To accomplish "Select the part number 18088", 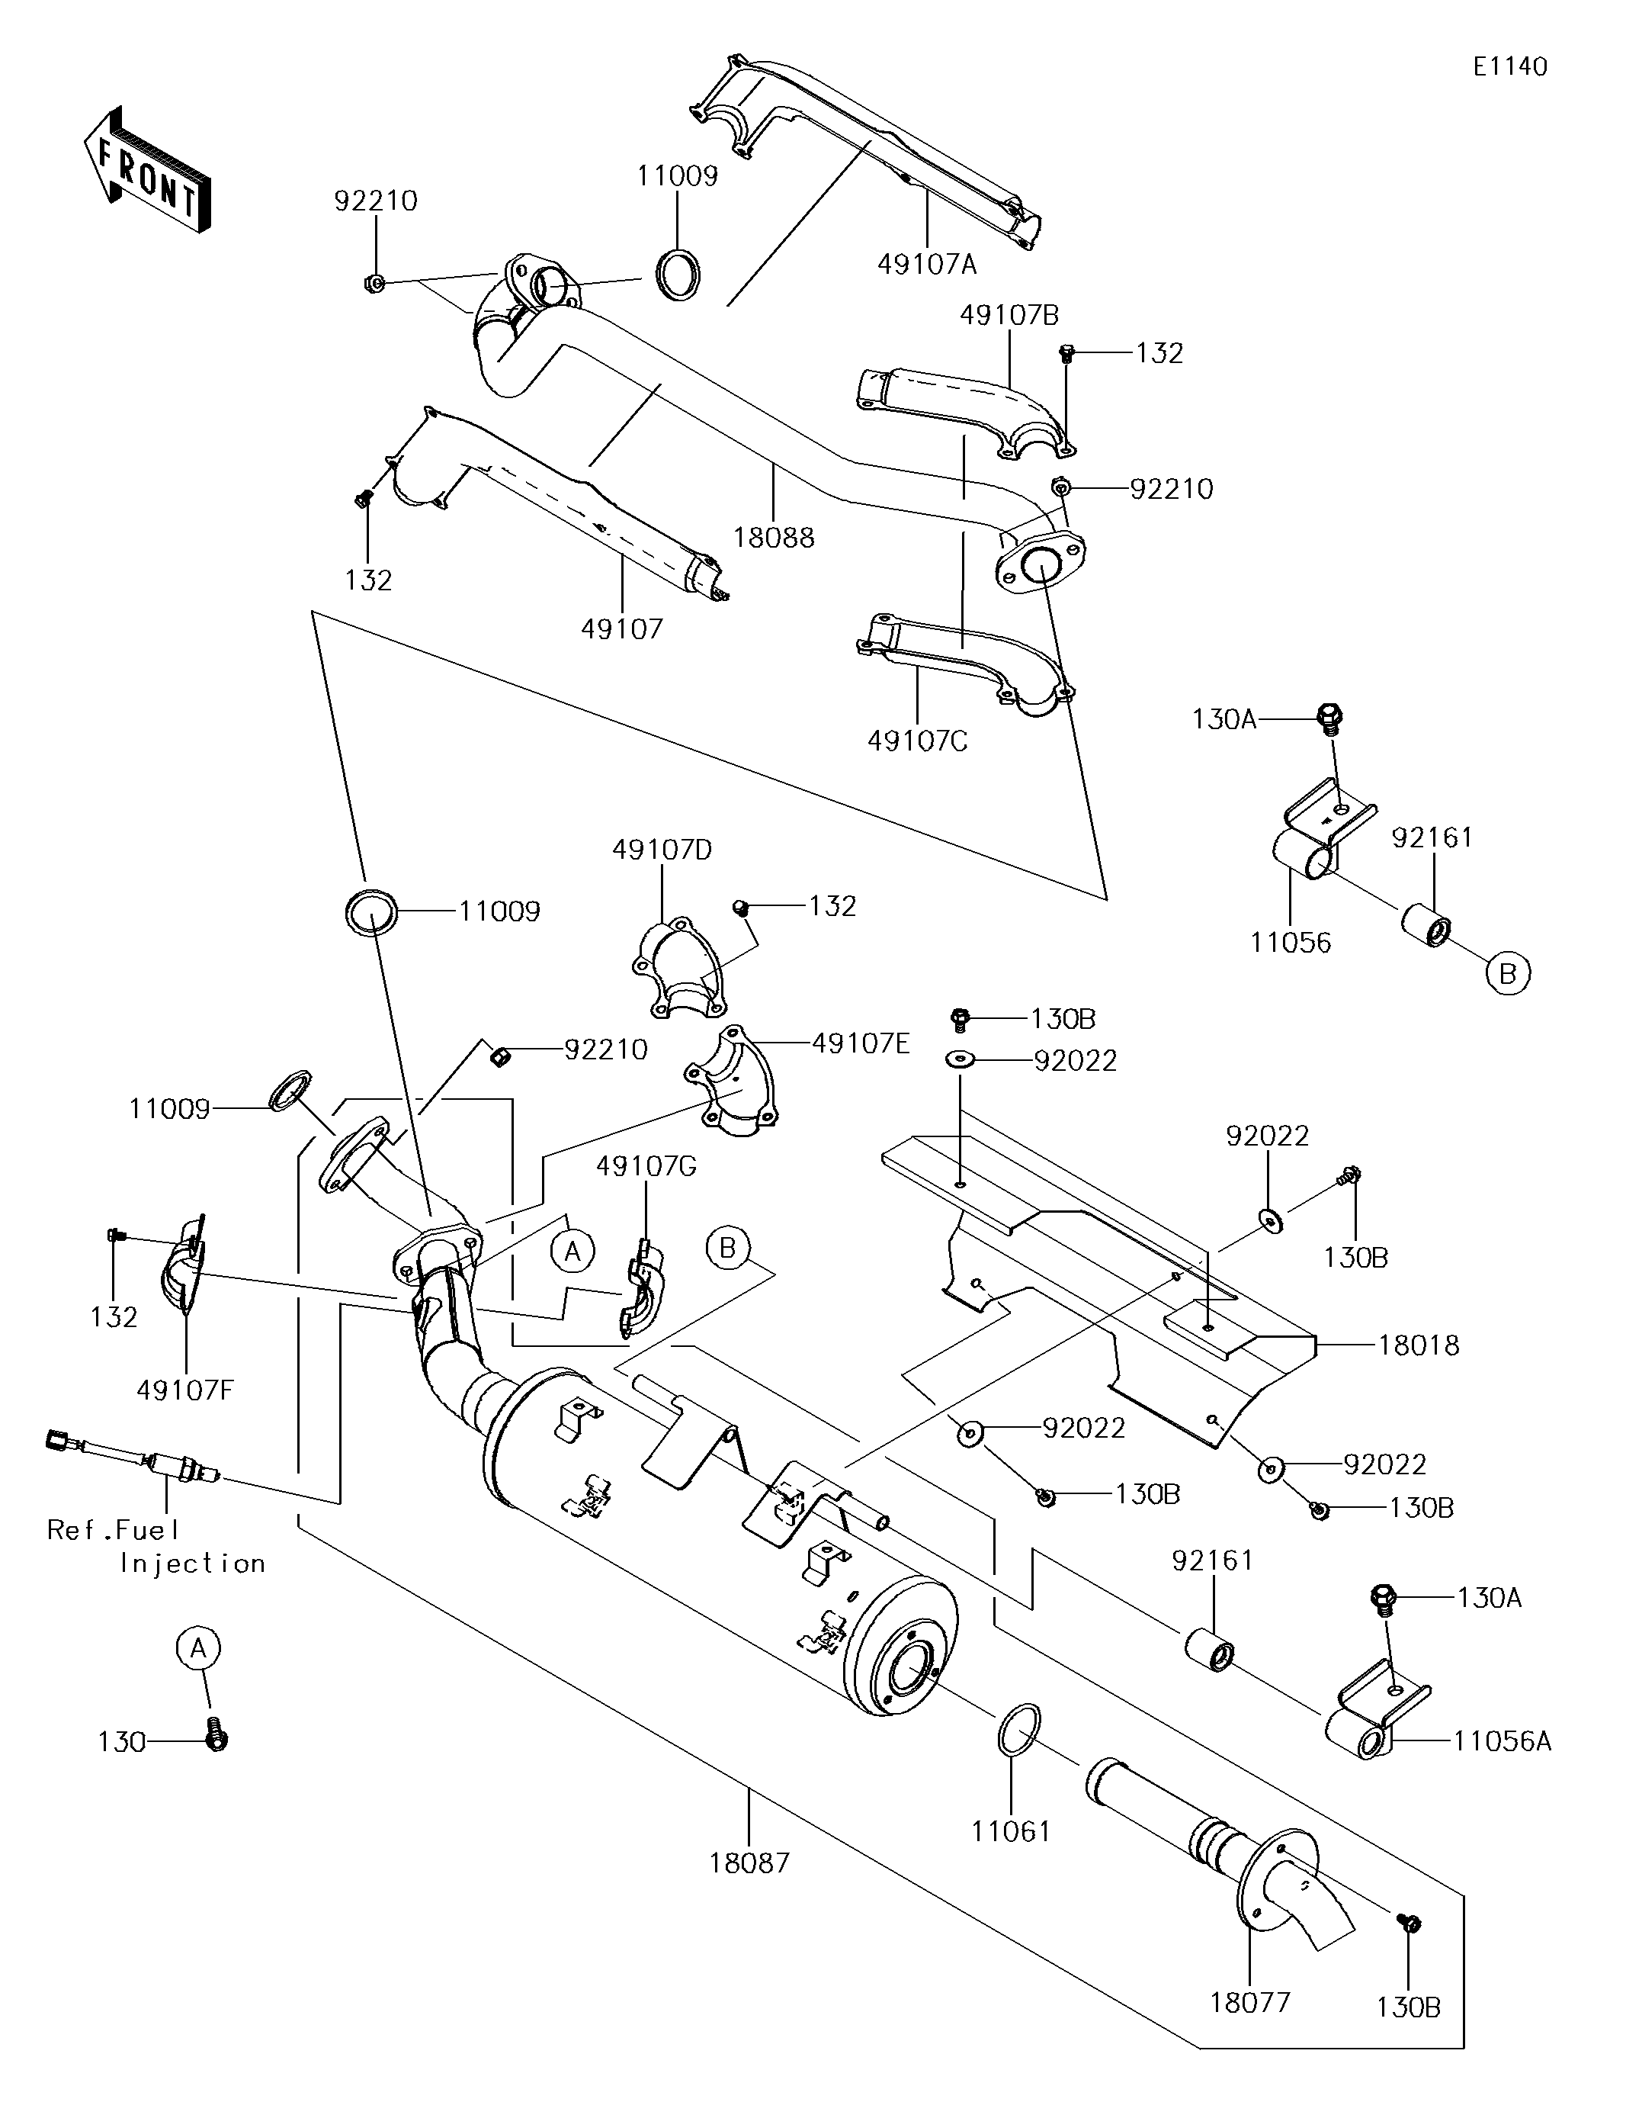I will click(774, 538).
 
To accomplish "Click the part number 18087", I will click(749, 1863).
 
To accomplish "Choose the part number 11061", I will click(1011, 1831).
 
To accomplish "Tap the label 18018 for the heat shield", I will click(1418, 1345).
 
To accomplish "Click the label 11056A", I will click(1501, 1741).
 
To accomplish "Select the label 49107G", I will click(646, 1166).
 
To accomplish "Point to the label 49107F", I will click(184, 1390).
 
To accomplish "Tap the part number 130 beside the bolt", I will click(121, 1742).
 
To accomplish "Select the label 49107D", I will click(662, 850).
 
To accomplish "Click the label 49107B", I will click(1009, 315).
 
